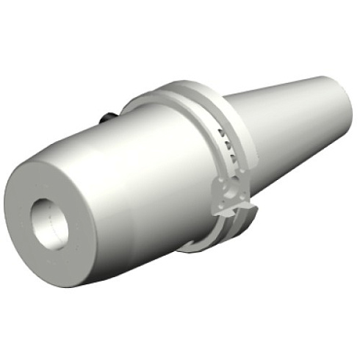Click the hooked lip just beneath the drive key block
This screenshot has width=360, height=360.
(242, 220)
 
